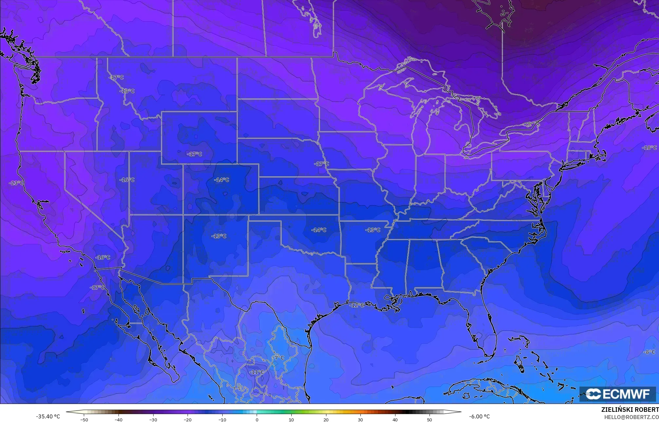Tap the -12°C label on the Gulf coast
point(357,305)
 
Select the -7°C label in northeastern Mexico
point(279,358)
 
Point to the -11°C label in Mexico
point(256,372)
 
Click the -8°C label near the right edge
point(649,352)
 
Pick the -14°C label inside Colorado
point(222,180)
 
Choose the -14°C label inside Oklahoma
point(319,230)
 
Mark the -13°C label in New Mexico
point(219,236)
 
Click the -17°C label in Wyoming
point(194,154)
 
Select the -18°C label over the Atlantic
point(649,148)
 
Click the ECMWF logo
point(617,394)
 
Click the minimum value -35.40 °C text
point(48,416)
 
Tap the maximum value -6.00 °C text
point(479,416)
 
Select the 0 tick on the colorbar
point(257,420)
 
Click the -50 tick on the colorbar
point(84,420)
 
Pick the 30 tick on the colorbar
point(360,420)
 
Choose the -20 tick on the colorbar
point(188,420)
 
